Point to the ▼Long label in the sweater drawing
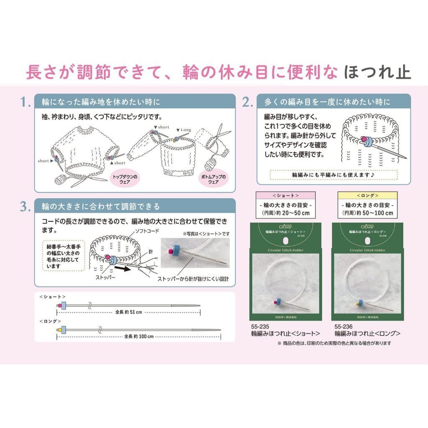click(183, 130)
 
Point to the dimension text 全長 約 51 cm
click(128, 312)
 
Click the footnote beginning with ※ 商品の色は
click(334, 343)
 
